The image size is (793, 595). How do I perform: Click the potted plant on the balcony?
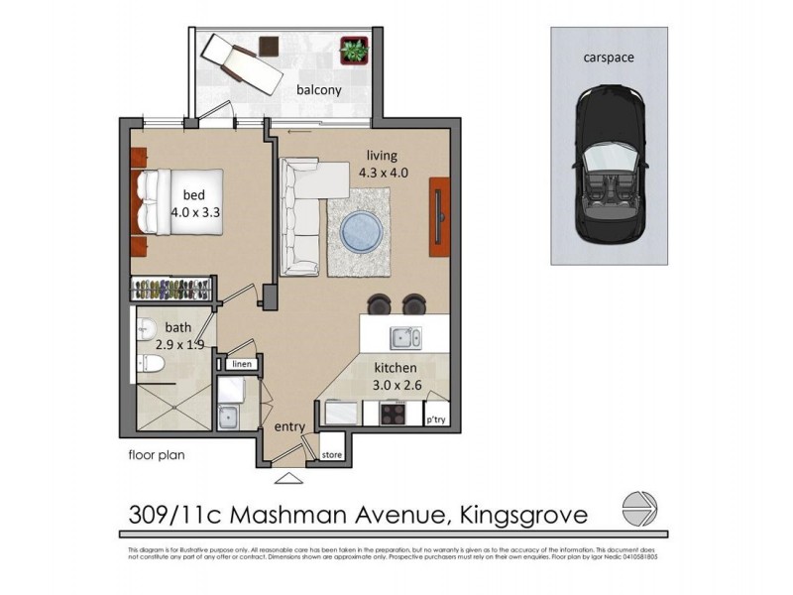point(353,49)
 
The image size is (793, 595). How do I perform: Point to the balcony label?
point(319,90)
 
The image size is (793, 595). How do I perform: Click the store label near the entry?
point(331,455)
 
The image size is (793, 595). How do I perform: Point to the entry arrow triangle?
point(288,480)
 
